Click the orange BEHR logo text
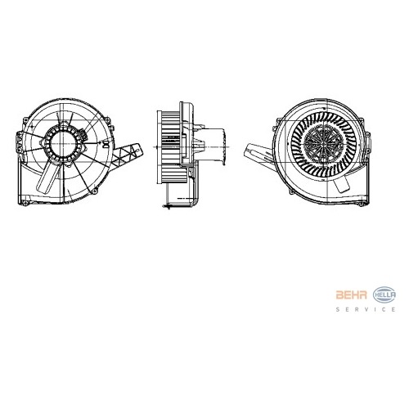point(351,294)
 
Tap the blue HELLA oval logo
point(384,294)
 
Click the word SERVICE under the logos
point(366,309)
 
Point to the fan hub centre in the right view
point(323,143)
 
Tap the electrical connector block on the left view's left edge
point(19,144)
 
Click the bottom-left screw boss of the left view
point(25,203)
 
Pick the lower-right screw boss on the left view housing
point(95,190)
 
